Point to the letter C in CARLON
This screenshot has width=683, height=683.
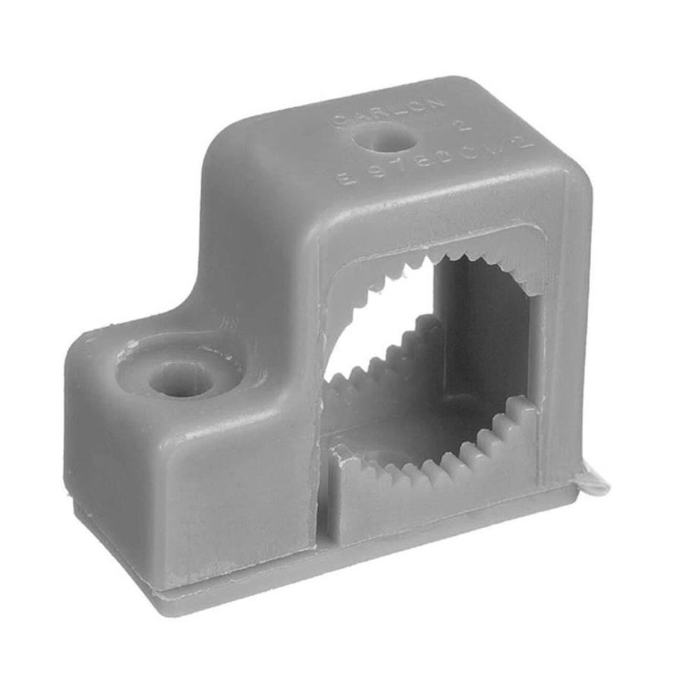(338, 121)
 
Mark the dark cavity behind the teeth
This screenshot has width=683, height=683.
(486, 349)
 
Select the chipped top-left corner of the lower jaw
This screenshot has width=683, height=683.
(339, 454)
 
